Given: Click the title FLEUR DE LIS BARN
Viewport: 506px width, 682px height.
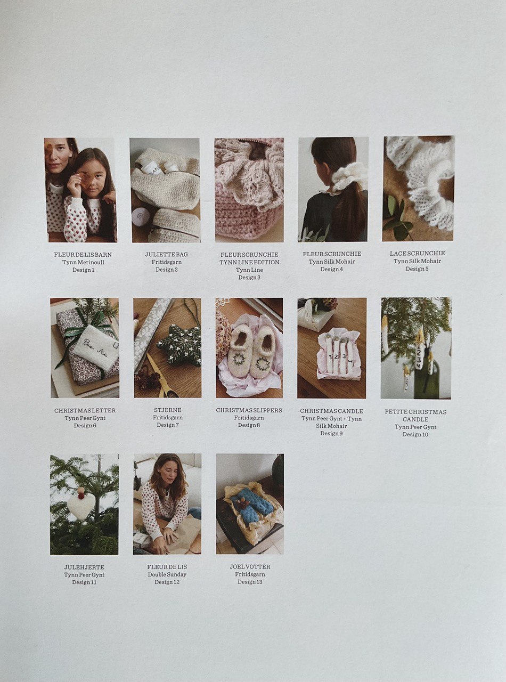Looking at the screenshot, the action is [x=83, y=255].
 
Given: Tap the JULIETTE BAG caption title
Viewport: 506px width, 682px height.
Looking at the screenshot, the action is [x=167, y=254].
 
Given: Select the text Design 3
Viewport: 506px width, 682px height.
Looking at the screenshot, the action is [x=249, y=278].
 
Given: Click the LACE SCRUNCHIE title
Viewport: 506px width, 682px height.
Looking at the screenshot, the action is [x=418, y=254].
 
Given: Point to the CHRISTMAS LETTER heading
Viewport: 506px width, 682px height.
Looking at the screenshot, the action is [x=85, y=410].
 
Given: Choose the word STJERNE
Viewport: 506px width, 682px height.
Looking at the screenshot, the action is [x=168, y=410].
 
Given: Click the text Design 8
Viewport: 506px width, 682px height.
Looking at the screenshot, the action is [x=249, y=425].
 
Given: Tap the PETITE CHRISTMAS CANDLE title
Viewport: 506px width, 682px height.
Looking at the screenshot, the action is [x=415, y=416].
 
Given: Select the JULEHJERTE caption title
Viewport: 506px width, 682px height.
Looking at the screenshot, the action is [x=84, y=567].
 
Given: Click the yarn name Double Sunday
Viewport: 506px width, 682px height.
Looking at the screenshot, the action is [x=167, y=574].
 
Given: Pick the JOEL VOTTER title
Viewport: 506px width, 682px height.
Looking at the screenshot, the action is [x=250, y=567].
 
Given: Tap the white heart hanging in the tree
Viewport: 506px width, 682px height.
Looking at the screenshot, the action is [x=80, y=507].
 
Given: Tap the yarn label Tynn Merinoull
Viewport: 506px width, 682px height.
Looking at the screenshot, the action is [x=83, y=262].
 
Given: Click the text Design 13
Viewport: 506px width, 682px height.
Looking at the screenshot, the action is [x=250, y=582].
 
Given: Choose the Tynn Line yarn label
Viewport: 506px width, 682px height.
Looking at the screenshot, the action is [x=249, y=270].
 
